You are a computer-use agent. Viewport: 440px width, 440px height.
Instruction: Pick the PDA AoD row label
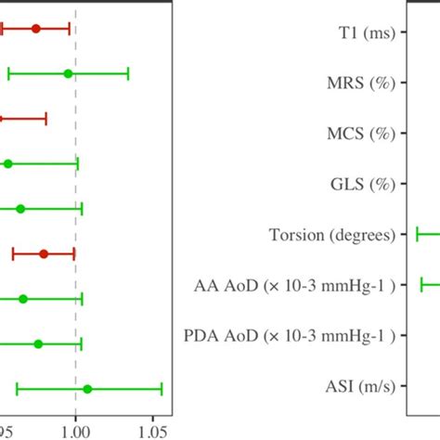313,335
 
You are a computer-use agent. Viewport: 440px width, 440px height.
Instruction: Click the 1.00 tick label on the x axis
75,431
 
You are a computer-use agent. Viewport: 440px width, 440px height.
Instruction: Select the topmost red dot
36,29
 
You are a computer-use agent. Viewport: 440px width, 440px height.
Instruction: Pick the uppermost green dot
68,73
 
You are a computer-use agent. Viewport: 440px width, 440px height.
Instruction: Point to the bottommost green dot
87,389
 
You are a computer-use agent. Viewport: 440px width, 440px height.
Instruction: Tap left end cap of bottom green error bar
17,389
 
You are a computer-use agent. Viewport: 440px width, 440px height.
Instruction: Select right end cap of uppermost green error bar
128,73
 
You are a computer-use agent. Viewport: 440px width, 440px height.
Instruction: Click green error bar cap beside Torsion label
418,235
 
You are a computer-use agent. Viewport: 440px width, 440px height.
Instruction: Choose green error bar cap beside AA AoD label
422,285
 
